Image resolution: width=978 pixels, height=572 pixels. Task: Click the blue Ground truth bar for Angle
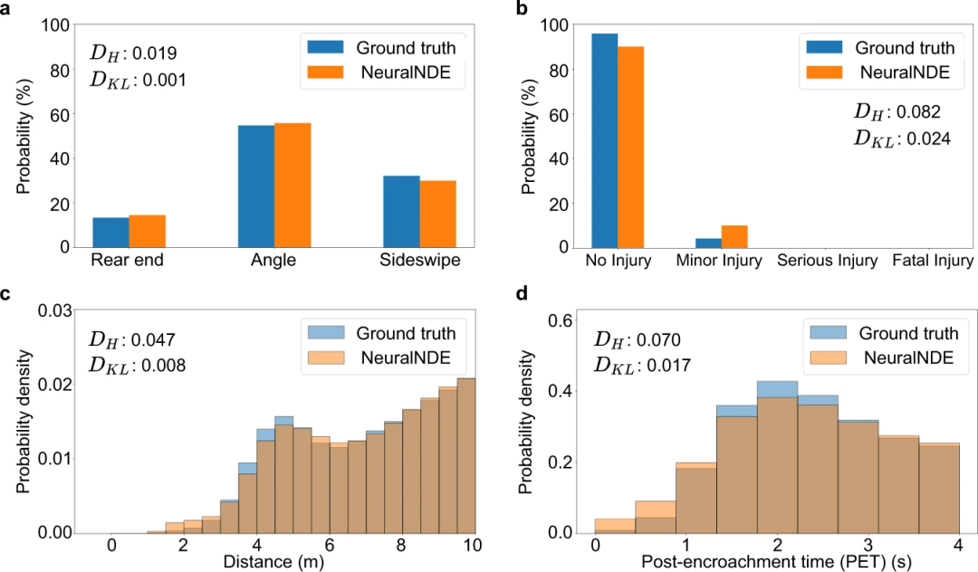(x=255, y=186)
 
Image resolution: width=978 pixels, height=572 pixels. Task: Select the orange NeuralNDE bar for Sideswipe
(x=437, y=214)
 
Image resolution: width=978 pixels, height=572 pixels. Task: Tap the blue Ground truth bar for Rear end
(x=110, y=232)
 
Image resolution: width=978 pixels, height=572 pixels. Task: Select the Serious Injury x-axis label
(x=827, y=262)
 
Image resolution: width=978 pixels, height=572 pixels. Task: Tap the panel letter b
(x=519, y=10)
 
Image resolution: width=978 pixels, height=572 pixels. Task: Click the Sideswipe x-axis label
(x=419, y=262)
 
